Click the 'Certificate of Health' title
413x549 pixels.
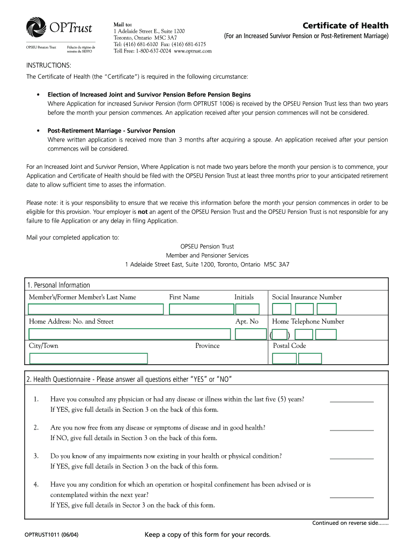[345, 26]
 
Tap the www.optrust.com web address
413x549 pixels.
[193, 51]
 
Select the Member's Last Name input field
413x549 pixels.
[95, 309]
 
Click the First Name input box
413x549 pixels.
[201, 309]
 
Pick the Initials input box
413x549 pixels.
[247, 309]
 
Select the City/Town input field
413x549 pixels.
[88, 359]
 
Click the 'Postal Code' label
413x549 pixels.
[289, 346]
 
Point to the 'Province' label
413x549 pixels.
[207, 346]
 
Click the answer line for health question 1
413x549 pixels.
[351, 401]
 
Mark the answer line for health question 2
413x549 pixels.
[351, 429]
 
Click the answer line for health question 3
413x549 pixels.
[351, 458]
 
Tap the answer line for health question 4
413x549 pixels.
[351, 496]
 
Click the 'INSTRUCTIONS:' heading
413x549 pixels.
[49, 65]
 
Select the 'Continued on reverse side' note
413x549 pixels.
[350, 523]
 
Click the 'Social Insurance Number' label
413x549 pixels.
[307, 297]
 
